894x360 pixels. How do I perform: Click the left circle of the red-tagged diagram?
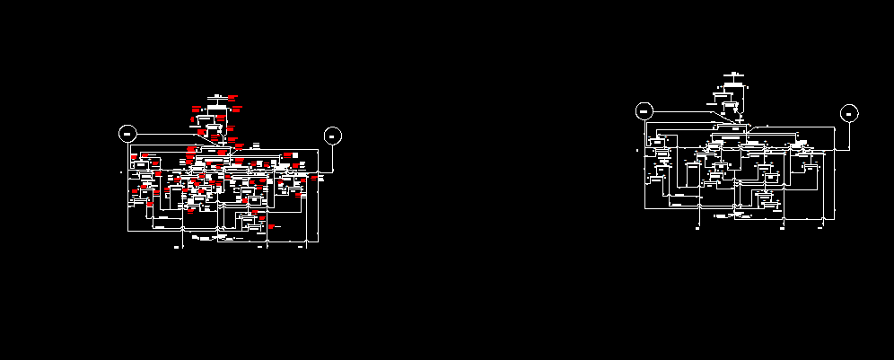pos(127,135)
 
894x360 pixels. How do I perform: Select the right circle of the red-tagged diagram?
pos(333,136)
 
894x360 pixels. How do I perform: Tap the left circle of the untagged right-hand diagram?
pos(644,111)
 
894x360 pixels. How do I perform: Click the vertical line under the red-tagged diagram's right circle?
pos(333,158)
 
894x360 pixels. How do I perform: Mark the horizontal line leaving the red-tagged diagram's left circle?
pos(171,135)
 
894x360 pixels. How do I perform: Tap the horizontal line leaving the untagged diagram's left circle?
pos(682,111)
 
